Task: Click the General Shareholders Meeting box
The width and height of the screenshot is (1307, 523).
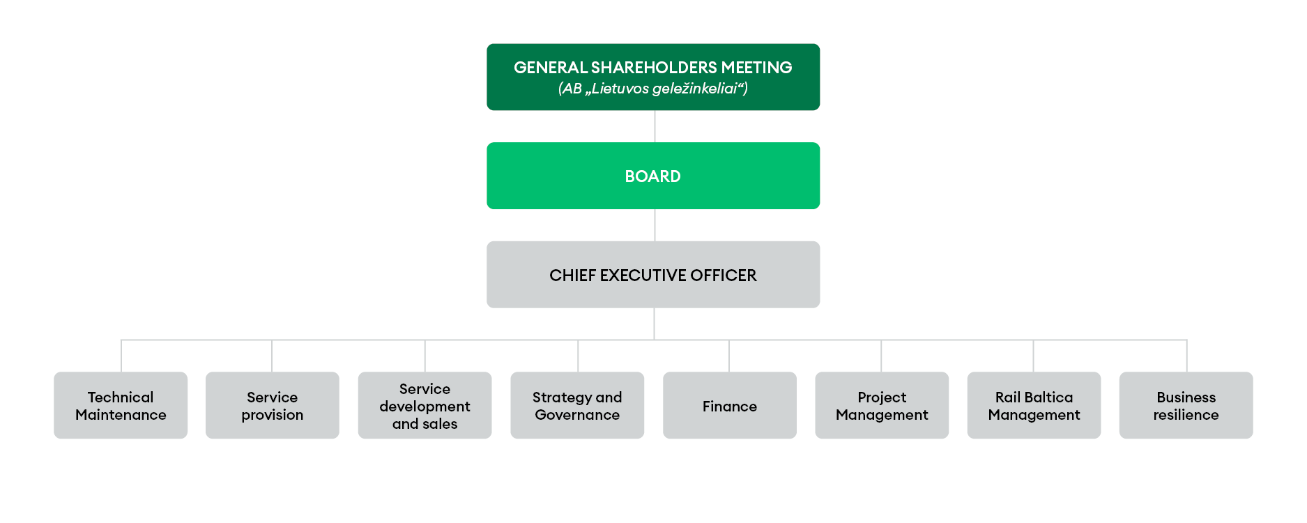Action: tap(652, 77)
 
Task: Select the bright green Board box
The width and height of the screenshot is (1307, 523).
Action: tap(652, 176)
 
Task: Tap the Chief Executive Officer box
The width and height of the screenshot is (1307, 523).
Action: tap(652, 275)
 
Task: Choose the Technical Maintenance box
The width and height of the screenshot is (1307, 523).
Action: tap(121, 405)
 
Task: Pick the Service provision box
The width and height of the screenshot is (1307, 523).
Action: tap(272, 405)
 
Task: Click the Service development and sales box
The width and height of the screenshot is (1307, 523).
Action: tap(425, 405)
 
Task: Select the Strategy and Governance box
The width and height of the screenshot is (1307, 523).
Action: tap(577, 405)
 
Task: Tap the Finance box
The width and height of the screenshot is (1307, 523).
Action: tap(729, 405)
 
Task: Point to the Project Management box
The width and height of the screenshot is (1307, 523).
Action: tap(882, 405)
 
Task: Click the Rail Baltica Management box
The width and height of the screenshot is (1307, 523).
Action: tap(1034, 405)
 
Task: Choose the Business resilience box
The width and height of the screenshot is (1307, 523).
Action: tap(1186, 405)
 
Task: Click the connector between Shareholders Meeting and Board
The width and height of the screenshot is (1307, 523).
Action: tap(655, 126)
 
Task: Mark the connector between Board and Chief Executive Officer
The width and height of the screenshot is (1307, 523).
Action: tap(655, 225)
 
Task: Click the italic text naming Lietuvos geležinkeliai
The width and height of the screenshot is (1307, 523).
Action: tap(652, 89)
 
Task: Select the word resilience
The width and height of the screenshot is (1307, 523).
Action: tap(1186, 415)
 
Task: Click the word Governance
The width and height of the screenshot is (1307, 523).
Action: tap(577, 415)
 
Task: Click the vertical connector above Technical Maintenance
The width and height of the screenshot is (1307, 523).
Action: tap(121, 356)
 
